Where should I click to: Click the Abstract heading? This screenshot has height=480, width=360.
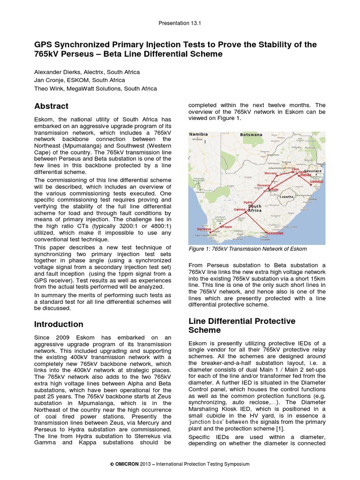(52, 106)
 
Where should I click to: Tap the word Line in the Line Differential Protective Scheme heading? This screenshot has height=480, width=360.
(197, 321)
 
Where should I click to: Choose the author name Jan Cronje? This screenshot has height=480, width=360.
(49, 80)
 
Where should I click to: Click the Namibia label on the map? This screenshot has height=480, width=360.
(199, 135)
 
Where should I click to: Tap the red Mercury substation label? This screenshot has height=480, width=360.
(270, 173)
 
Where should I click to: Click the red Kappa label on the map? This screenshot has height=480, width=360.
(227, 226)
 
